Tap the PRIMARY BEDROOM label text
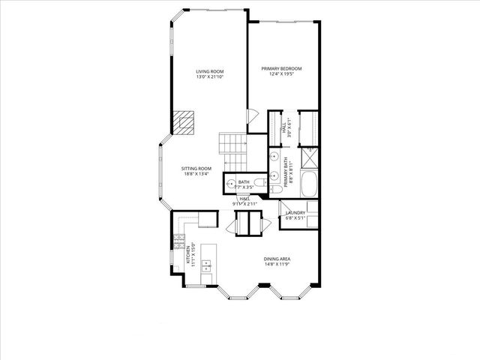tap(281, 68)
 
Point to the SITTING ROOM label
tap(196, 169)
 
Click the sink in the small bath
tap(230, 183)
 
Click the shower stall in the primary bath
tap(308, 157)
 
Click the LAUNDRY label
tap(295, 212)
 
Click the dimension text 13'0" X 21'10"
tap(210, 76)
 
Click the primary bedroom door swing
tap(252, 118)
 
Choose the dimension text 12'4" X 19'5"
tap(281, 73)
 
